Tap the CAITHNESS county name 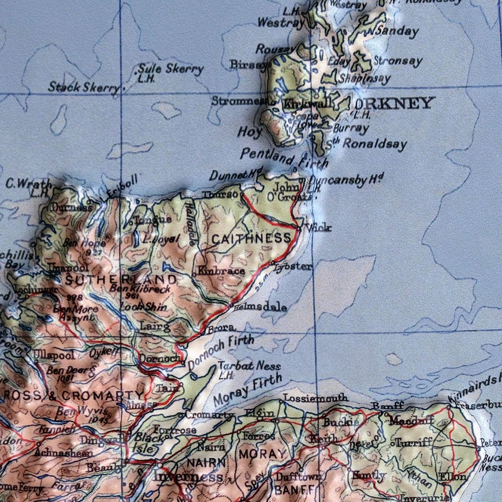[x=251, y=239]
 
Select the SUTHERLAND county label [x=120, y=280]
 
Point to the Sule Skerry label [x=171, y=69]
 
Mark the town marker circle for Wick [x=299, y=228]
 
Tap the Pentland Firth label [x=284, y=158]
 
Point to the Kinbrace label [x=221, y=270]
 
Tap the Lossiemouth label [x=316, y=398]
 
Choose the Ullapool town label [x=54, y=355]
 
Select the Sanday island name [x=397, y=31]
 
